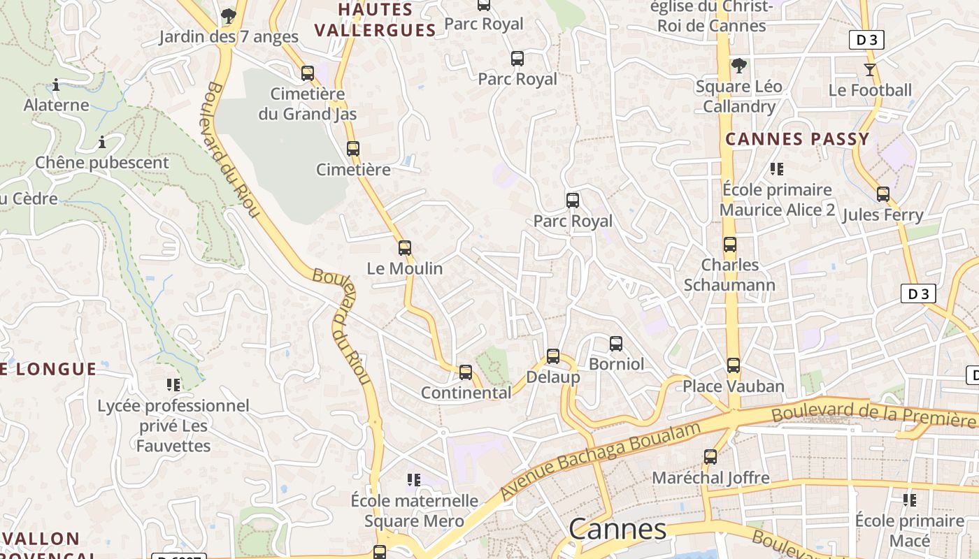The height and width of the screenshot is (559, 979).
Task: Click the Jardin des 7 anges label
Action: click(228, 36)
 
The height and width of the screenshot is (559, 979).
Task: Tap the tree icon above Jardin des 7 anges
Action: click(228, 15)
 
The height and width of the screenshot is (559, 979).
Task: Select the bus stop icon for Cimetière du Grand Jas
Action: click(308, 73)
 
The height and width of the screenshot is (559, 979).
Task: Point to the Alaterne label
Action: click(57, 106)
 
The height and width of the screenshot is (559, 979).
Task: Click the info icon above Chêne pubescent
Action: click(102, 143)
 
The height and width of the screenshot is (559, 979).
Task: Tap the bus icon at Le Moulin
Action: click(405, 247)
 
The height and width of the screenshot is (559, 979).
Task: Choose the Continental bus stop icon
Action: click(466, 372)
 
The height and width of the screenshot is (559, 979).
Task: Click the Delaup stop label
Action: click(552, 377)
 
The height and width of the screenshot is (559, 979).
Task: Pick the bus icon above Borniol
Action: click(616, 343)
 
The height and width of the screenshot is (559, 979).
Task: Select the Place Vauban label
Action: click(734, 386)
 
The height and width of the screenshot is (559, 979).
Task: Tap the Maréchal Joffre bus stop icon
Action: click(710, 457)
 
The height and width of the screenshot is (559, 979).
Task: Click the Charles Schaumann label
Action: click(729, 275)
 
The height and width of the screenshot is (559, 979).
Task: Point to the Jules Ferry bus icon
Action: click(883, 194)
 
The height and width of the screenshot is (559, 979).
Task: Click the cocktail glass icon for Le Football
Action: click(869, 70)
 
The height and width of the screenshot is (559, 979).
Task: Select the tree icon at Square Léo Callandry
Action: click(738, 66)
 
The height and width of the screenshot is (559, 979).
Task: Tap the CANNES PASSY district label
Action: click(797, 138)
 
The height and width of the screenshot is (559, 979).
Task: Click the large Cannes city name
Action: click(617, 529)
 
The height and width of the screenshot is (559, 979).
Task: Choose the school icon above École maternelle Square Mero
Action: click(414, 480)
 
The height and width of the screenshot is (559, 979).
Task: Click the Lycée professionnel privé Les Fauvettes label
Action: click(173, 426)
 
